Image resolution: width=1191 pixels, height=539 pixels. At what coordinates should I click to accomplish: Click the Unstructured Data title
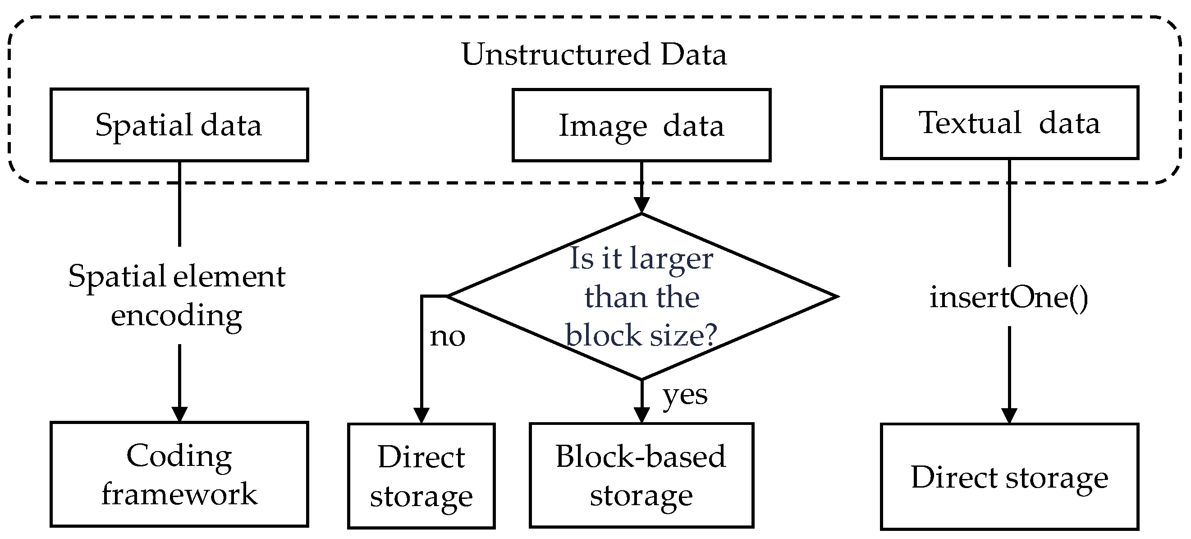pos(594,55)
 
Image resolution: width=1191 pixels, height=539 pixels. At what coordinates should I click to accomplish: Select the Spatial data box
pos(179,125)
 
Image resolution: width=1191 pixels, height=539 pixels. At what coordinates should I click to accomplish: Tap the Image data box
pos(641,125)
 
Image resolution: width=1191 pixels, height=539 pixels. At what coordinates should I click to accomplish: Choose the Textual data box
pos(1009,123)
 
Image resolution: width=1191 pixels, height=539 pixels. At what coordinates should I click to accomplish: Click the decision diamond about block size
pos(642,296)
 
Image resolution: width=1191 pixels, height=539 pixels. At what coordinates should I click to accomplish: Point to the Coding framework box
pos(179,474)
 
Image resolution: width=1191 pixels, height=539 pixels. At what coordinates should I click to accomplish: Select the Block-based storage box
pos(641,475)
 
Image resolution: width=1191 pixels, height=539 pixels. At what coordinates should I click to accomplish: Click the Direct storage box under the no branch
pos(421,475)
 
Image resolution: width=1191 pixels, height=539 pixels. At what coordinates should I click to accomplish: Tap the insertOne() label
pos(1009,297)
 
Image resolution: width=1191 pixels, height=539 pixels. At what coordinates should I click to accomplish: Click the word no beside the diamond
pos(447,336)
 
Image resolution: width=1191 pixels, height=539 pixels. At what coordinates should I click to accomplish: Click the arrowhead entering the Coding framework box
pos(179,414)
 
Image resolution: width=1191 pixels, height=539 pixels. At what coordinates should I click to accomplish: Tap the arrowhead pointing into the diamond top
pos(642,205)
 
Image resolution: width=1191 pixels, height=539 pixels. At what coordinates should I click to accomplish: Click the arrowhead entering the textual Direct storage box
pos(1009,415)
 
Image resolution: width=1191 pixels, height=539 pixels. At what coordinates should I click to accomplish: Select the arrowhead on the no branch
pos(421,415)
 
